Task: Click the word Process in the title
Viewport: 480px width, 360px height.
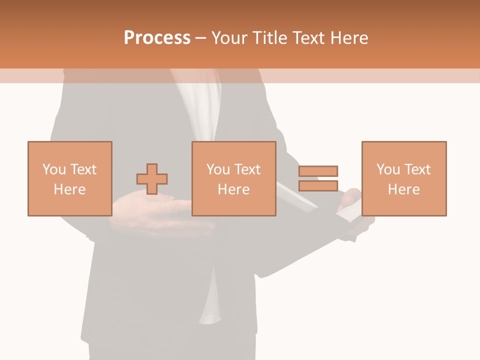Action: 157,37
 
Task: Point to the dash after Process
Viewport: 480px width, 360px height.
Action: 200,38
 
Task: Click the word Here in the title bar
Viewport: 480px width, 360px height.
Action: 348,38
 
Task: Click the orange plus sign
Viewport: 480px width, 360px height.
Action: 152,179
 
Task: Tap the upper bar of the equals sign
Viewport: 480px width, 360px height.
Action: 318,171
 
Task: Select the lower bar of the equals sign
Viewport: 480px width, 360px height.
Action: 318,186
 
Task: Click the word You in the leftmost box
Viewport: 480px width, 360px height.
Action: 54,169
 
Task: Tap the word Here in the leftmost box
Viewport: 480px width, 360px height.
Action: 69,189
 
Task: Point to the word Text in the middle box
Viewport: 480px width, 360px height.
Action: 247,169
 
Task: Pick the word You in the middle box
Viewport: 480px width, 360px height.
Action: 218,169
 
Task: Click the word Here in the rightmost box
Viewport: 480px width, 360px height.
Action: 403,189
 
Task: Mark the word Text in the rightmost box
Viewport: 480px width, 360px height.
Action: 417,169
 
